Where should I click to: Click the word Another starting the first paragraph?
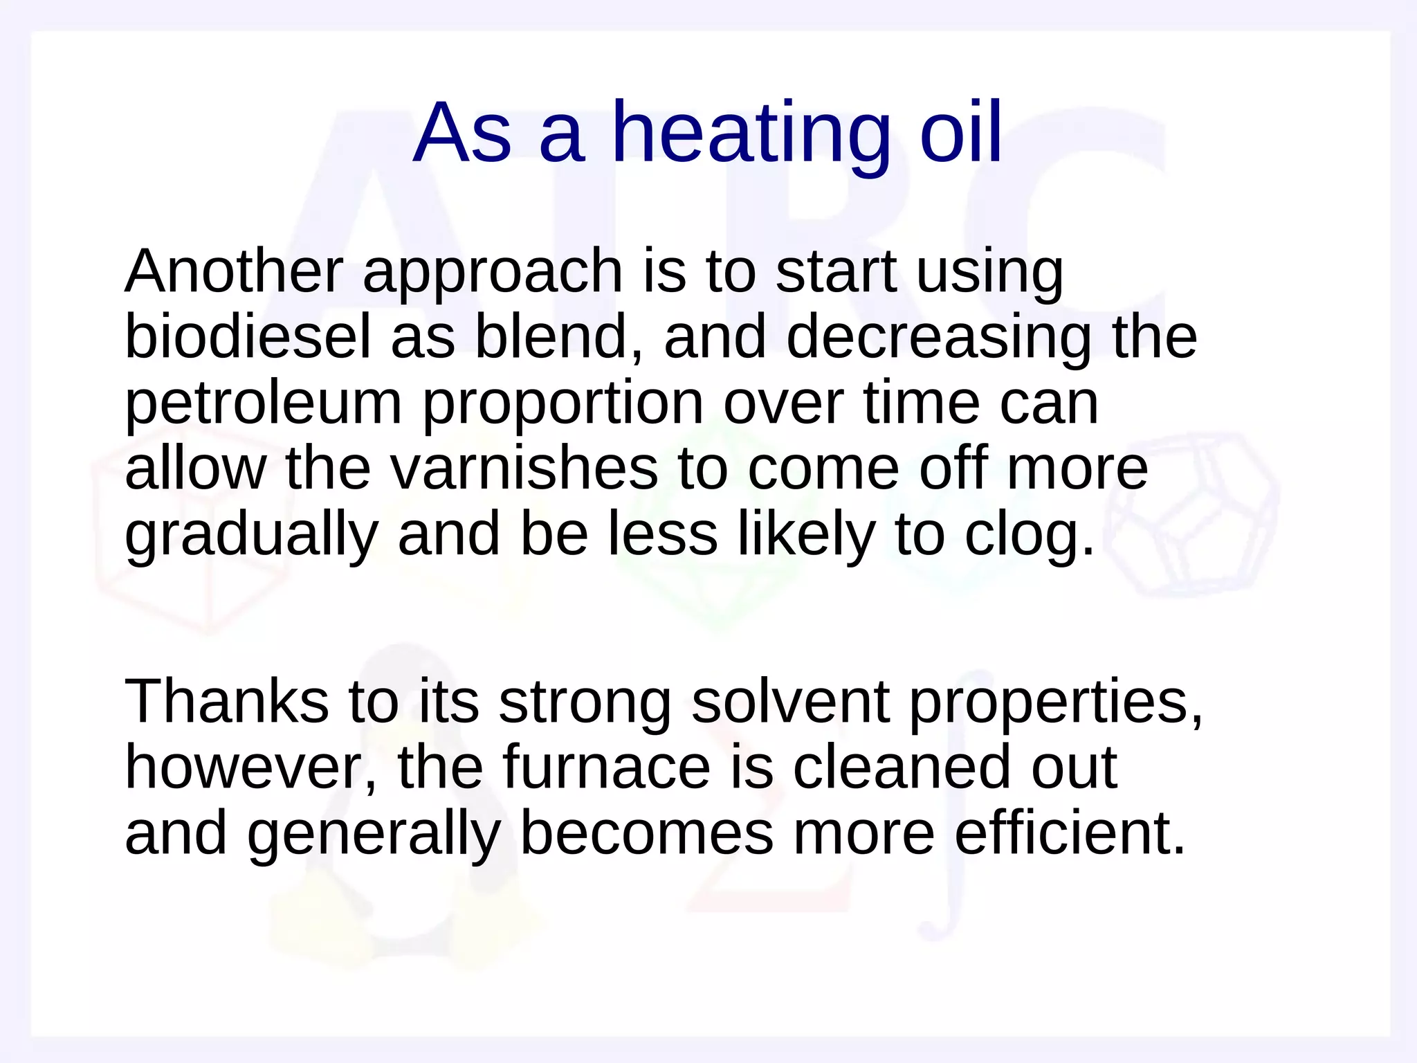pos(234,271)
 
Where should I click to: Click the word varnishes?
pos(524,469)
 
